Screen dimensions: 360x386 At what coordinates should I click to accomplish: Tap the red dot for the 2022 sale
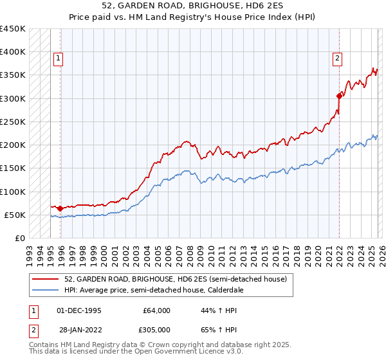point(339,96)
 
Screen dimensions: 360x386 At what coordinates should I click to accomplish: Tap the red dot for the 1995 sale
point(60,208)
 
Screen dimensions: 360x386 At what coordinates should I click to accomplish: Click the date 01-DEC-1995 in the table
point(80,310)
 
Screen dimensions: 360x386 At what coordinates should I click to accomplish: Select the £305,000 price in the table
point(156,330)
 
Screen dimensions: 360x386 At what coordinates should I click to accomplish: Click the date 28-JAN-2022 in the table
point(80,330)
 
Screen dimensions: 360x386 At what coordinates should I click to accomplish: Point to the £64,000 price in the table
point(156,310)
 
